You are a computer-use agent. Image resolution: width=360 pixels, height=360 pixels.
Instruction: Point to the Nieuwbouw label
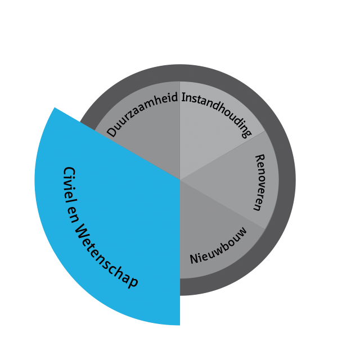pyautogui.click(x=218, y=246)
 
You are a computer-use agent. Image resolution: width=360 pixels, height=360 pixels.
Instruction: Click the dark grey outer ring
pyautogui.click(x=287, y=180)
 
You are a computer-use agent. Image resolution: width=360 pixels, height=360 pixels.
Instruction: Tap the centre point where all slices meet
pyautogui.click(x=180, y=180)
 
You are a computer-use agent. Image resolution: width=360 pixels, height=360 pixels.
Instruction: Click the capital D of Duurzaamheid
pyautogui.click(x=112, y=132)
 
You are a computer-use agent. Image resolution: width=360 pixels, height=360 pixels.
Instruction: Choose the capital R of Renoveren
pyautogui.click(x=260, y=159)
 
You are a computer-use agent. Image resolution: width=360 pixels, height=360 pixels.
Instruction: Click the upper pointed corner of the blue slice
pyautogui.click(x=55, y=107)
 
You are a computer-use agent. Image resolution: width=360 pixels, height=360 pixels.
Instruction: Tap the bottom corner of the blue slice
pyautogui.click(x=180, y=325)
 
